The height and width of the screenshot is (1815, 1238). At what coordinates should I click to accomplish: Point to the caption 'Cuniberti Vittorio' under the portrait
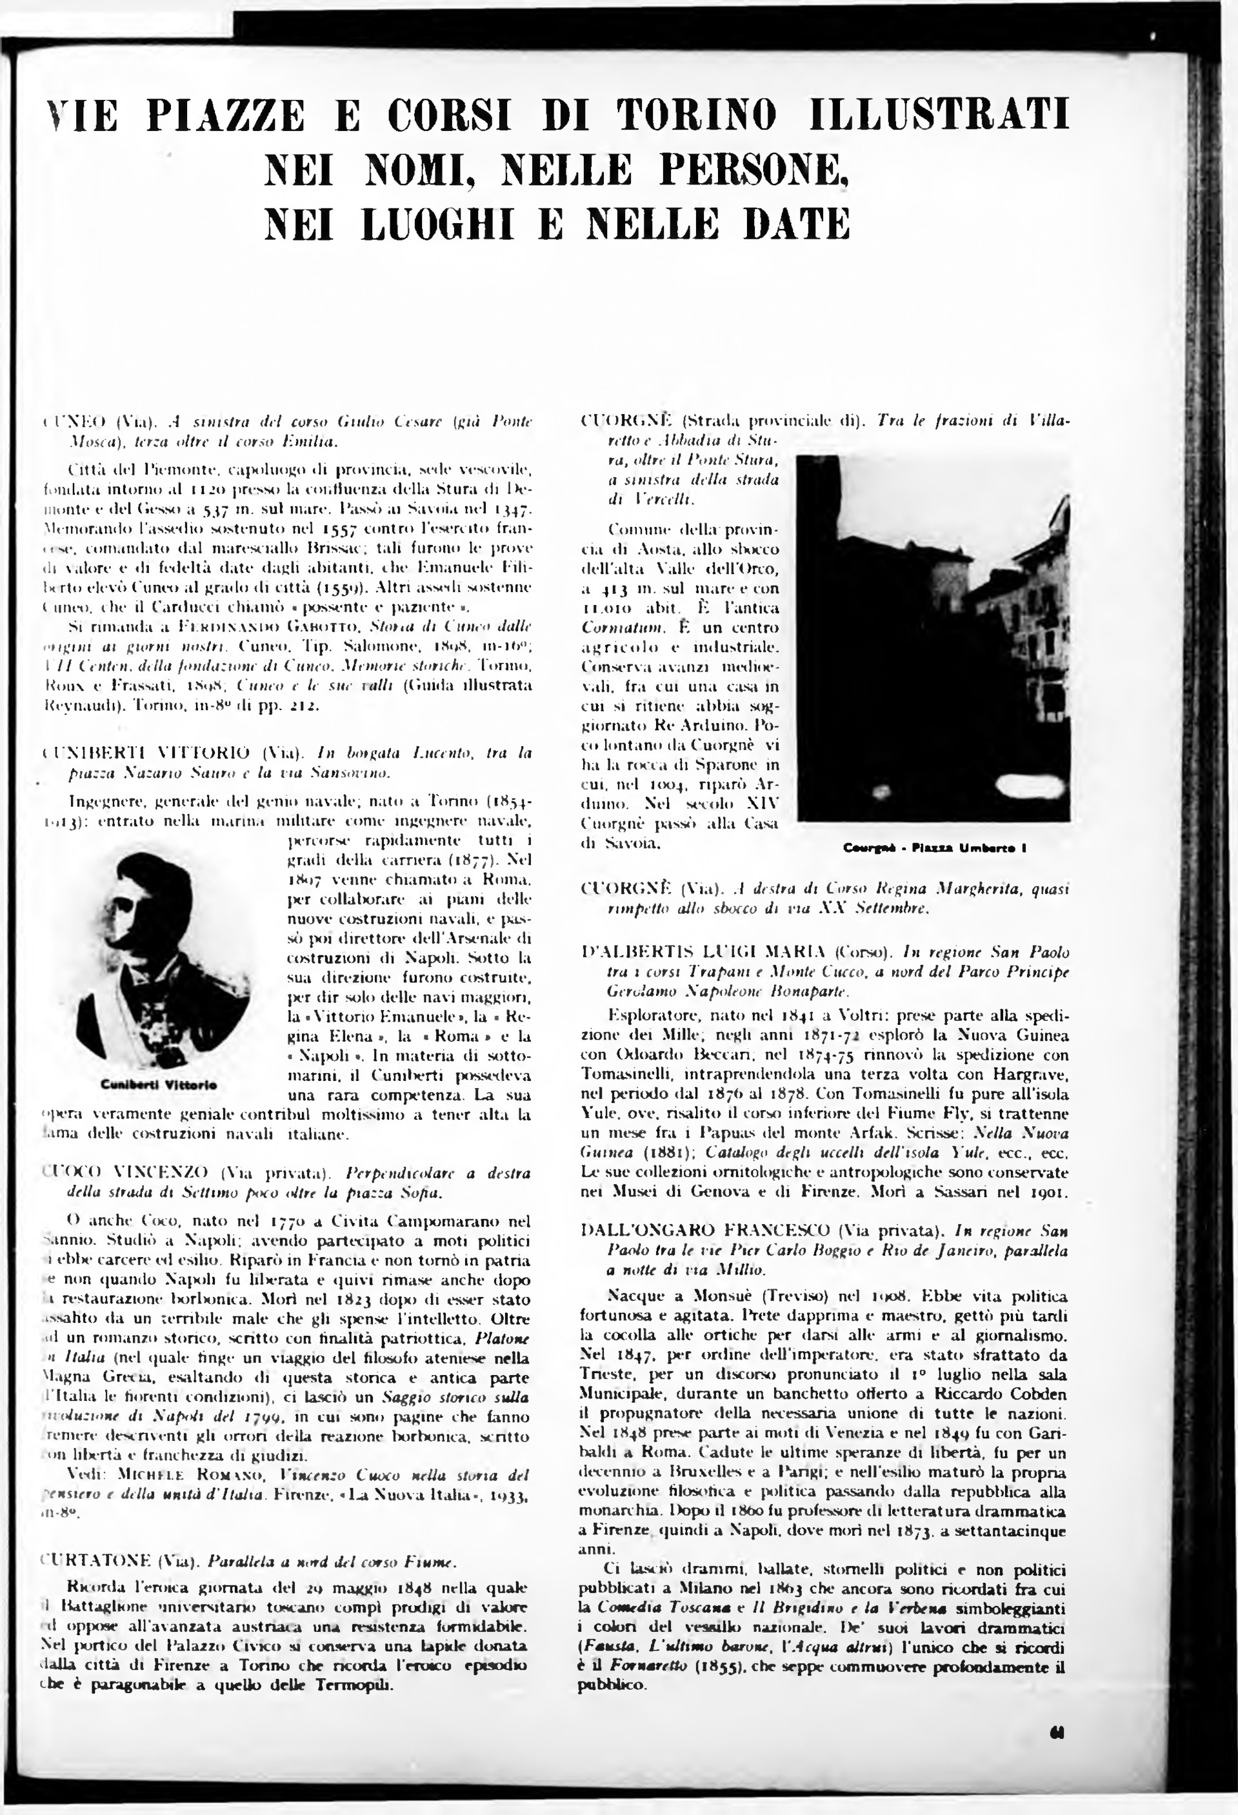pos(159,1086)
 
